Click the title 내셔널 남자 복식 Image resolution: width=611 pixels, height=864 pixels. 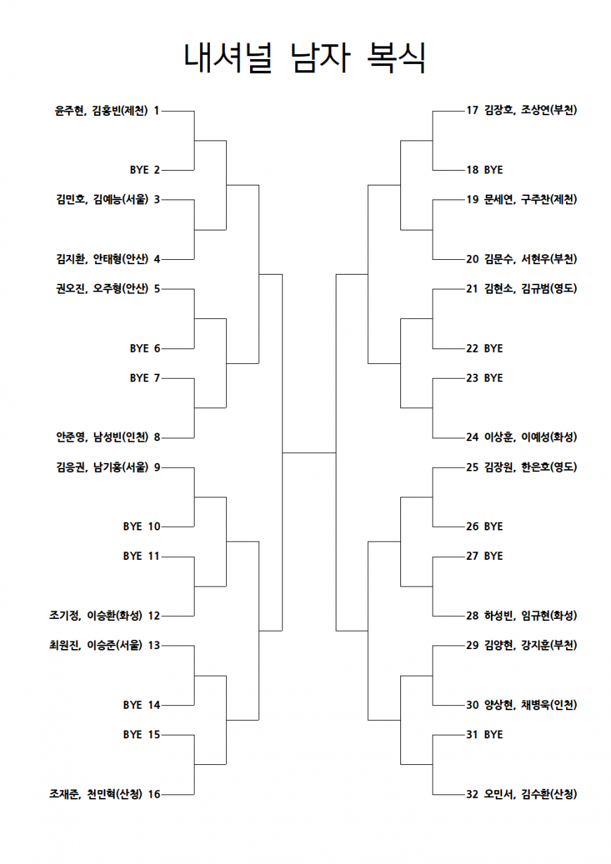click(x=305, y=58)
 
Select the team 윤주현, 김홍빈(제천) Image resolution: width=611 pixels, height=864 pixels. click(x=101, y=111)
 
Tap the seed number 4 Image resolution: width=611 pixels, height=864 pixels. click(x=157, y=259)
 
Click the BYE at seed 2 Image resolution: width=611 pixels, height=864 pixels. click(x=139, y=170)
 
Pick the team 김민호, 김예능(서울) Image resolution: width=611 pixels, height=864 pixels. click(x=103, y=199)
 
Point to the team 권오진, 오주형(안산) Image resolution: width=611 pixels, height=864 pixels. click(x=103, y=289)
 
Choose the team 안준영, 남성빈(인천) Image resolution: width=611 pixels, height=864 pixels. click(x=103, y=438)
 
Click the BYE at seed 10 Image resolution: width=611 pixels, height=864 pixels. click(x=132, y=527)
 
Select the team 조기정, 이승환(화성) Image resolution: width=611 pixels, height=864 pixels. click(x=96, y=615)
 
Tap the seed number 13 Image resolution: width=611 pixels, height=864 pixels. click(x=154, y=646)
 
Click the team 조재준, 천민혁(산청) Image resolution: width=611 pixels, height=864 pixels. click(x=96, y=794)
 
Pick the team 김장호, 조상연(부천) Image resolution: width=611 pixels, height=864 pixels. click(x=530, y=111)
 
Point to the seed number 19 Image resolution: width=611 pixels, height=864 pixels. click(x=472, y=199)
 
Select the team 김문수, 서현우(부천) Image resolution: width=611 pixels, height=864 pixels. click(x=530, y=259)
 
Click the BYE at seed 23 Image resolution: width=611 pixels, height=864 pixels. click(x=493, y=378)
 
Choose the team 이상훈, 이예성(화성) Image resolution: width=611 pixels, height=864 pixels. click(x=530, y=438)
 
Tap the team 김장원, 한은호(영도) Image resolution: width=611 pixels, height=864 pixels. click(x=530, y=468)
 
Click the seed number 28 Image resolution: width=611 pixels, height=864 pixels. click(x=472, y=615)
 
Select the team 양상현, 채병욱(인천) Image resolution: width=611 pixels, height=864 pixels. click(x=530, y=705)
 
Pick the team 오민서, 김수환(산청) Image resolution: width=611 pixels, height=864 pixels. click(x=530, y=794)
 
